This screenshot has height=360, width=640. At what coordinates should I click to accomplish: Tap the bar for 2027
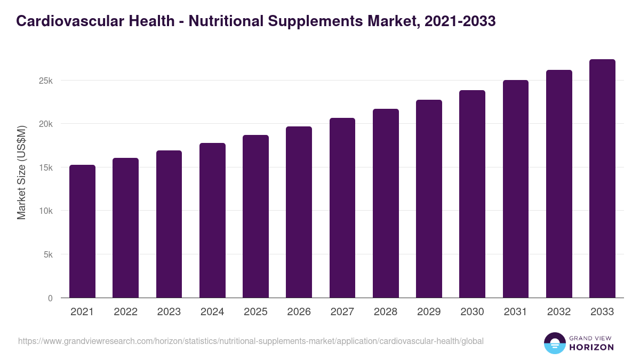tap(342, 207)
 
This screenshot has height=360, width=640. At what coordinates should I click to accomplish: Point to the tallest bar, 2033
tap(602, 178)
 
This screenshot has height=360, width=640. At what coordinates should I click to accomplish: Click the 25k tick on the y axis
tap(45, 81)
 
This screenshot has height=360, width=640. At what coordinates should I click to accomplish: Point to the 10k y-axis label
tap(45, 211)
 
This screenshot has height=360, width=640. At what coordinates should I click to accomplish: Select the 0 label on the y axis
tap(50, 298)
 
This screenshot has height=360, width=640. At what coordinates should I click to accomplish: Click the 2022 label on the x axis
tap(125, 312)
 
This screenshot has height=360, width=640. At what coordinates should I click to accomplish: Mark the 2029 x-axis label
tap(429, 312)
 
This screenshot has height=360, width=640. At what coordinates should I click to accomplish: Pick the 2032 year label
tap(559, 312)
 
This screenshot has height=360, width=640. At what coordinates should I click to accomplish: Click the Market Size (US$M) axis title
tap(21, 172)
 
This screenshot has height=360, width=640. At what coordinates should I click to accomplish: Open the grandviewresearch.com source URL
tap(251, 341)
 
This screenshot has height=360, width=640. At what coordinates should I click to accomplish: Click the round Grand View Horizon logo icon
tap(554, 343)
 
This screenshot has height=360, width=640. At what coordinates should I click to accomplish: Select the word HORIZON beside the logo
tap(591, 347)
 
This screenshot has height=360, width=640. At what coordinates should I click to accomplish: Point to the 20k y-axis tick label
tap(45, 124)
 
